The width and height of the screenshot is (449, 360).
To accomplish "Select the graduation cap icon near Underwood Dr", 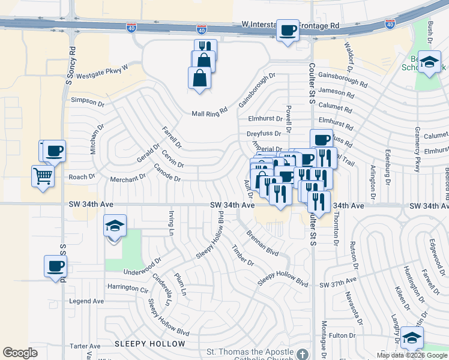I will tap(114, 227).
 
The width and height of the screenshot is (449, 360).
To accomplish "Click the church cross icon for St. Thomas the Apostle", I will tap(304, 354).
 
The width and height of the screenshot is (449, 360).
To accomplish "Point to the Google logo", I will tap(20, 353).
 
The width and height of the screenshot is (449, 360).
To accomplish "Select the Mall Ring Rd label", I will tap(210, 113).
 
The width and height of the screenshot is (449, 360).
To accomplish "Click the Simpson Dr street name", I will tap(88, 101).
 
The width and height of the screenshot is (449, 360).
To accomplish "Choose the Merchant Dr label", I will tap(127, 178).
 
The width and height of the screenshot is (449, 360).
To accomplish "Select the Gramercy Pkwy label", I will tap(417, 149).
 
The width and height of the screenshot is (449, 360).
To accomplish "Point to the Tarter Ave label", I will tap(85, 346).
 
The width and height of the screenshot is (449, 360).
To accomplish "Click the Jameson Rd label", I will tap(337, 92).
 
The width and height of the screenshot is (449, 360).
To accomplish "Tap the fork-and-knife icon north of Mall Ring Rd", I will tap(205, 48).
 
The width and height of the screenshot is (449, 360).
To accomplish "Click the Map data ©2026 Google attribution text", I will tap(412, 355).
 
